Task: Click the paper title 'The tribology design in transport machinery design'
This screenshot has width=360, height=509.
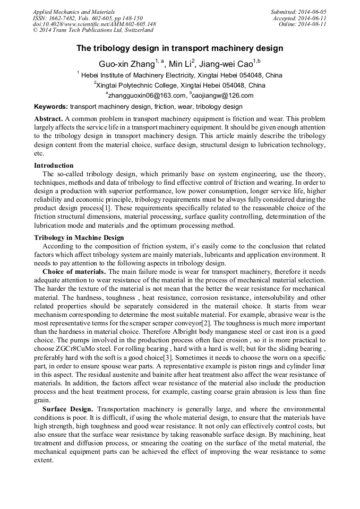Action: [x=179, y=48]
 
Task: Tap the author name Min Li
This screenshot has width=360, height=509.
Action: [x=179, y=64]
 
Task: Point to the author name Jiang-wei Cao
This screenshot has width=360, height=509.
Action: [x=227, y=64]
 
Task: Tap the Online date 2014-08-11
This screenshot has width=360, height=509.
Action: [x=313, y=24]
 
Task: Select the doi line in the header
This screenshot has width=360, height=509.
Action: [x=94, y=24]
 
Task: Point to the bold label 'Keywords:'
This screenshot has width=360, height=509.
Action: [x=51, y=107]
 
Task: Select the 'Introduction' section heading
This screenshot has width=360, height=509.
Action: [x=54, y=165]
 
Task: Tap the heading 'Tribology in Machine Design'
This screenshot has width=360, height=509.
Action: [x=79, y=237]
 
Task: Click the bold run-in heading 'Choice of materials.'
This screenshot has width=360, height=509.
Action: [x=74, y=271]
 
